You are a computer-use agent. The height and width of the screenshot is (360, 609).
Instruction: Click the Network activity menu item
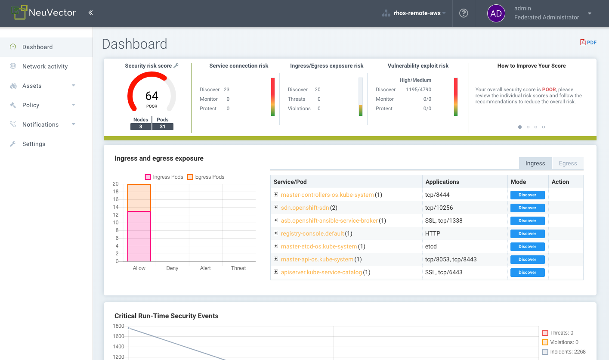pyautogui.click(x=45, y=66)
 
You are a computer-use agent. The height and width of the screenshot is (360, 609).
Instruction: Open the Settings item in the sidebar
pyautogui.click(x=34, y=144)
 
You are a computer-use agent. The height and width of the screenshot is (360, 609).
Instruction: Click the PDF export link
pyautogui.click(x=588, y=42)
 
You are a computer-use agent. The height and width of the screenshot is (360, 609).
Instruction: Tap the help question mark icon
pyautogui.click(x=464, y=13)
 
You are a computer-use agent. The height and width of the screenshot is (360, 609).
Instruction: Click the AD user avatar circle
pyautogui.click(x=496, y=13)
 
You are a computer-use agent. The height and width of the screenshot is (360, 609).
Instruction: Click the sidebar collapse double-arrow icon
pyautogui.click(x=91, y=13)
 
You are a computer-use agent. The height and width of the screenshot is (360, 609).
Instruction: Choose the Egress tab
pyautogui.click(x=568, y=163)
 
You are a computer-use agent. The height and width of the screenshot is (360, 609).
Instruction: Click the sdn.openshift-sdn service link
pyautogui.click(x=305, y=208)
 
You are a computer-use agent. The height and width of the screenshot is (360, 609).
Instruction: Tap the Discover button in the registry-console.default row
pyautogui.click(x=527, y=233)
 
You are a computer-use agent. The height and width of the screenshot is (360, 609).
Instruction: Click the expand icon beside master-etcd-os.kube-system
pyautogui.click(x=276, y=246)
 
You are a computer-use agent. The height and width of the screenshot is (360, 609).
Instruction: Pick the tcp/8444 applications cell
pyautogui.click(x=437, y=195)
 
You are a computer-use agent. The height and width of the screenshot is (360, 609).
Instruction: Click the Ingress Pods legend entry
pyautogui.click(x=164, y=177)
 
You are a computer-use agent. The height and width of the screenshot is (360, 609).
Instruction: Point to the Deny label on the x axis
pyautogui.click(x=172, y=268)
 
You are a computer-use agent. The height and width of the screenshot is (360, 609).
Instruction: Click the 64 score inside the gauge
pyautogui.click(x=152, y=96)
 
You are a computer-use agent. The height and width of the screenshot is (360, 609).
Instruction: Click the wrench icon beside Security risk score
pyautogui.click(x=176, y=66)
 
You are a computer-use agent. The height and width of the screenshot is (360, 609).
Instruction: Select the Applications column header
pyautogui.click(x=442, y=182)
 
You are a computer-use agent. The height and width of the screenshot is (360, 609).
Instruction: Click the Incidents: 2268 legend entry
pyautogui.click(x=564, y=352)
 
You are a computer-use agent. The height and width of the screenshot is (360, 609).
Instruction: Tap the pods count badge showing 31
pyautogui.click(x=163, y=127)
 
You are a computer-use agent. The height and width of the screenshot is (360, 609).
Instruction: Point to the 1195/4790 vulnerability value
pyautogui.click(x=418, y=90)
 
